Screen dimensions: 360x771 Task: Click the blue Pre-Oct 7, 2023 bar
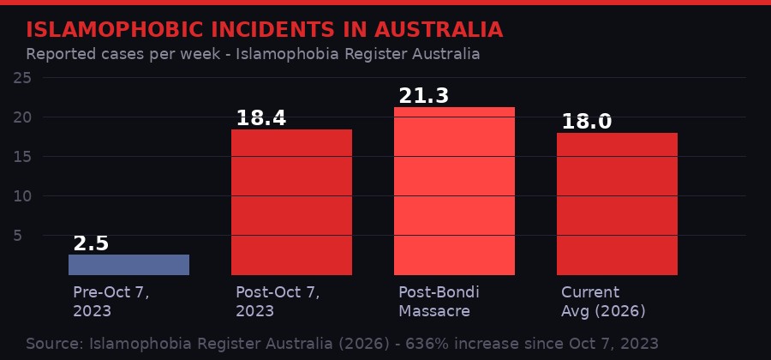point(128,265)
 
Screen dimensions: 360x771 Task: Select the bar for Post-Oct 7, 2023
point(291,202)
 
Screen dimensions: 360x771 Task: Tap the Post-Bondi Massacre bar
point(454,191)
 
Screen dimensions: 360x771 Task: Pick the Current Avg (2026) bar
point(617,204)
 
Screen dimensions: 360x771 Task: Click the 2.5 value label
point(91,243)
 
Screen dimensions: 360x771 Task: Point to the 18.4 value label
point(260,118)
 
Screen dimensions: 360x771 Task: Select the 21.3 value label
point(423,96)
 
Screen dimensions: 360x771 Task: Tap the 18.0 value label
point(586,122)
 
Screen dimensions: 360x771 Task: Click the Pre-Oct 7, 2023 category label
point(111,301)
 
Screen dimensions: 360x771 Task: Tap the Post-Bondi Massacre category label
point(439,301)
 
